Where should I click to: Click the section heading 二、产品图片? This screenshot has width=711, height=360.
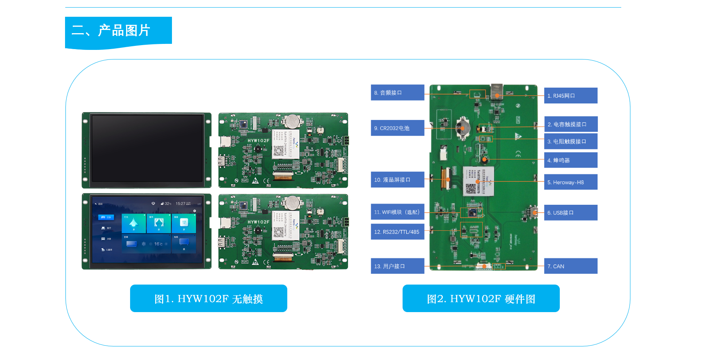[111, 30]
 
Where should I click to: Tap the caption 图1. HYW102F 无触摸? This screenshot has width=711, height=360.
[208, 299]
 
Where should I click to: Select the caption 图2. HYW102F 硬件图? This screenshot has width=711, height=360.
[481, 299]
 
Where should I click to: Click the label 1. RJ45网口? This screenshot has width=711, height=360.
[570, 96]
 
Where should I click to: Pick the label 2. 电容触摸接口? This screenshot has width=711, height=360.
[571, 124]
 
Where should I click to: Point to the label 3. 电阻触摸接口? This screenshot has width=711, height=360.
[571, 141]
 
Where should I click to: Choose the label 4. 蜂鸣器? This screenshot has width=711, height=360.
[571, 160]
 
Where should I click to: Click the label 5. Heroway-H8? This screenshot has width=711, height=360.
[571, 182]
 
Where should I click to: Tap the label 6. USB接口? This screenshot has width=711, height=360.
[571, 213]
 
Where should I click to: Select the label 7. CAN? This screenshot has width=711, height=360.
[571, 266]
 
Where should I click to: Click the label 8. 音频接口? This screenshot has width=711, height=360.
[397, 93]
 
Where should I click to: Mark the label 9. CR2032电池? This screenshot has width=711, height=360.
[397, 128]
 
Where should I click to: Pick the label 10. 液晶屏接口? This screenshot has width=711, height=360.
[397, 180]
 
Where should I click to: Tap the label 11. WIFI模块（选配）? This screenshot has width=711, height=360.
[397, 212]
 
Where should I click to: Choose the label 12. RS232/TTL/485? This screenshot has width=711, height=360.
[397, 232]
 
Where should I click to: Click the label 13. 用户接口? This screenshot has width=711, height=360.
[397, 266]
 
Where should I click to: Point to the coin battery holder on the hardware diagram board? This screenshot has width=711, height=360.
[462, 127]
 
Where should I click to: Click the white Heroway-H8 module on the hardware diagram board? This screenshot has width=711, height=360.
[478, 181]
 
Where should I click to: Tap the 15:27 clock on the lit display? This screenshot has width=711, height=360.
[180, 204]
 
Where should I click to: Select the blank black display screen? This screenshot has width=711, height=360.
[147, 148]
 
